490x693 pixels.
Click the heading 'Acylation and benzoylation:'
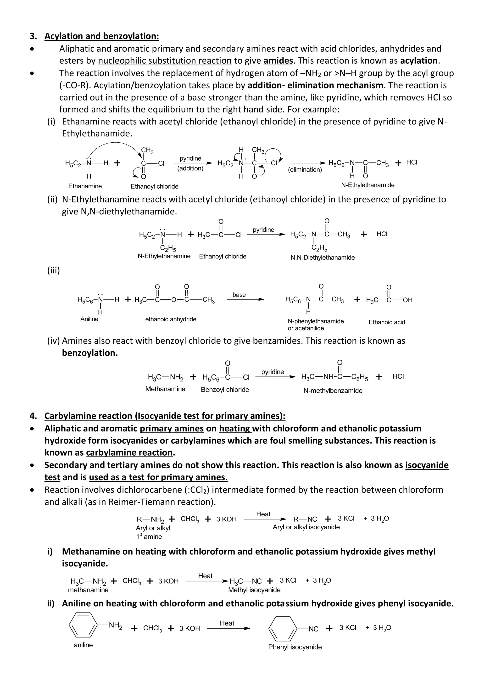tap(101, 36)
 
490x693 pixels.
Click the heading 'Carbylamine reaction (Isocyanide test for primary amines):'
tap(165, 416)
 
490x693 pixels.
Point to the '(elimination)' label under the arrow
tap(305, 170)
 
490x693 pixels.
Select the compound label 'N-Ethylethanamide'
tap(367, 185)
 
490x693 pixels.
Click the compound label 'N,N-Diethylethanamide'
tap(322, 257)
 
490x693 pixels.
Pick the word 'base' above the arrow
tap(239, 295)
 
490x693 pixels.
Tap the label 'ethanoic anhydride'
tap(171, 319)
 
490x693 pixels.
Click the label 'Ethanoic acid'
tap(386, 322)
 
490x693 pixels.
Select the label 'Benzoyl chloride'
tap(225, 390)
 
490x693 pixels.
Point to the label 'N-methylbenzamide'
tap(333, 391)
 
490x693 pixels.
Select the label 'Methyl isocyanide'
tap(254, 590)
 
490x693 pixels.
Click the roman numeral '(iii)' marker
tap(53, 270)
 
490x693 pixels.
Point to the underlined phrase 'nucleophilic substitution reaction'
tap(165, 61)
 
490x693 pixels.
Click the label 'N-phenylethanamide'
tap(316, 321)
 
